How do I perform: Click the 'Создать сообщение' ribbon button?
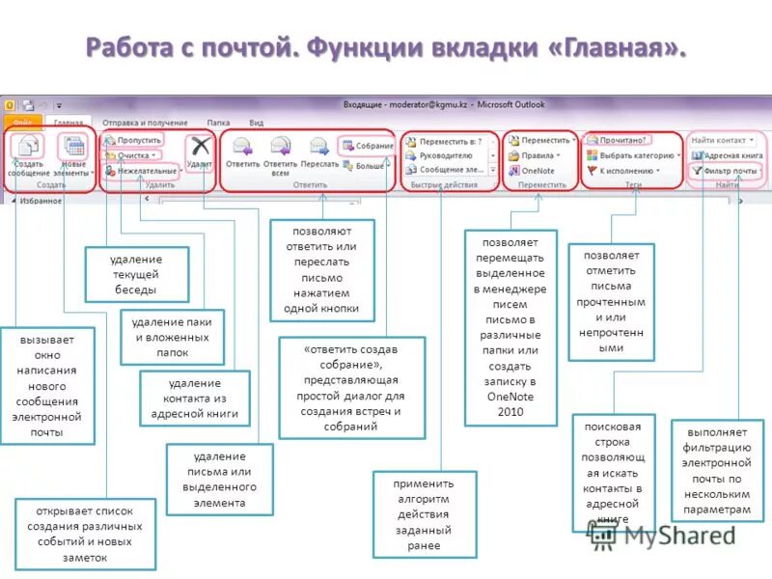pos(29,154)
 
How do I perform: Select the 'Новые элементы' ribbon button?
pos(73,154)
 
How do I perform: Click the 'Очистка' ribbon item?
pos(133,154)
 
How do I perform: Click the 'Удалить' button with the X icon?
pos(200,152)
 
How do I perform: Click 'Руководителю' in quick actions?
pos(445,154)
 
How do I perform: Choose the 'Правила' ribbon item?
pos(537,154)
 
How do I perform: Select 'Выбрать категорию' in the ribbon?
pos(635,154)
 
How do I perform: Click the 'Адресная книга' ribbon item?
pos(728,154)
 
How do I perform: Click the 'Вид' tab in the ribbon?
pos(256,123)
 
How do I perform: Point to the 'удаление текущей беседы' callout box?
pos(136,274)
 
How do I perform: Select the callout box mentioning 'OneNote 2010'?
pos(510,328)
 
